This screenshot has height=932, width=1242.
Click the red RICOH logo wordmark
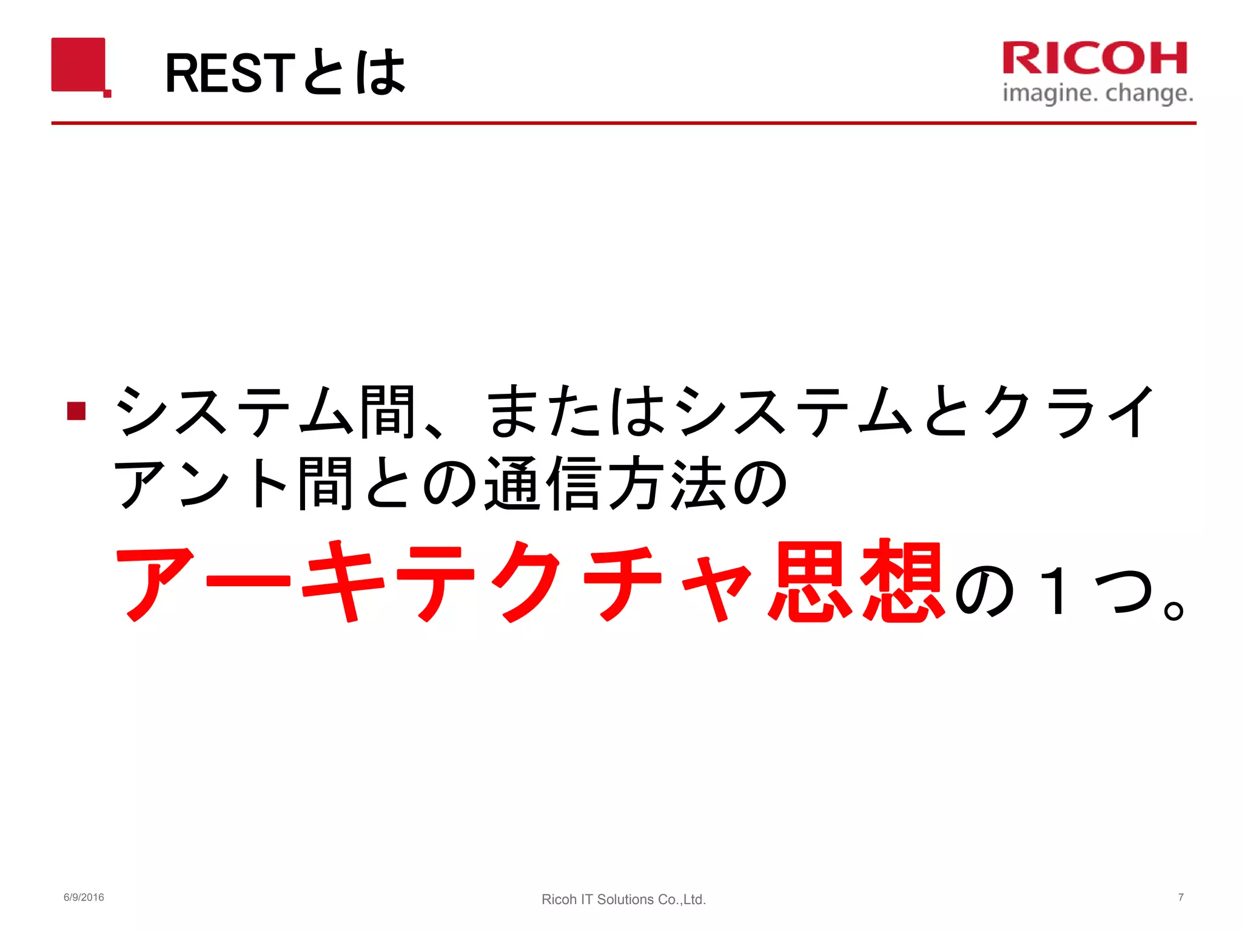point(1095,58)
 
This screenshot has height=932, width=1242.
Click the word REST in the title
point(230,73)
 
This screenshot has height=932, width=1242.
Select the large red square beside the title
point(79,65)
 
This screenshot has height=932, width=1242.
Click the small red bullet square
point(76,411)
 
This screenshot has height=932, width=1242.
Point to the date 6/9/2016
point(84,897)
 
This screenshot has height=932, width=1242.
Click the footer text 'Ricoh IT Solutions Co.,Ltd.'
point(623,899)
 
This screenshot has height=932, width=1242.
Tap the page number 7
point(1181,897)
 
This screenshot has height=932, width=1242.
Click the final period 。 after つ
point(1173,610)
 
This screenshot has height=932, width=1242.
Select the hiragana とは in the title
point(354,73)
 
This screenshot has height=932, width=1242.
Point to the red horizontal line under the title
point(623,123)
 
